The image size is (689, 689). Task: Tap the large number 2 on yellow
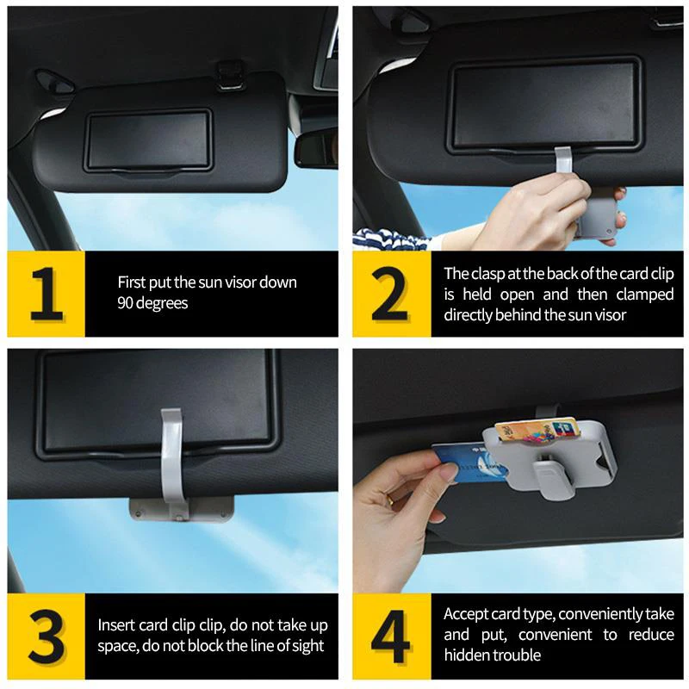[389, 295]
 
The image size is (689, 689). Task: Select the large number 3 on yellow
[47, 637]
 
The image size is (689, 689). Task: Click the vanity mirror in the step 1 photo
[148, 140]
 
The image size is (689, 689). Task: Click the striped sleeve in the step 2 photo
[382, 235]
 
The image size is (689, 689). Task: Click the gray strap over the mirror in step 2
[563, 163]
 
